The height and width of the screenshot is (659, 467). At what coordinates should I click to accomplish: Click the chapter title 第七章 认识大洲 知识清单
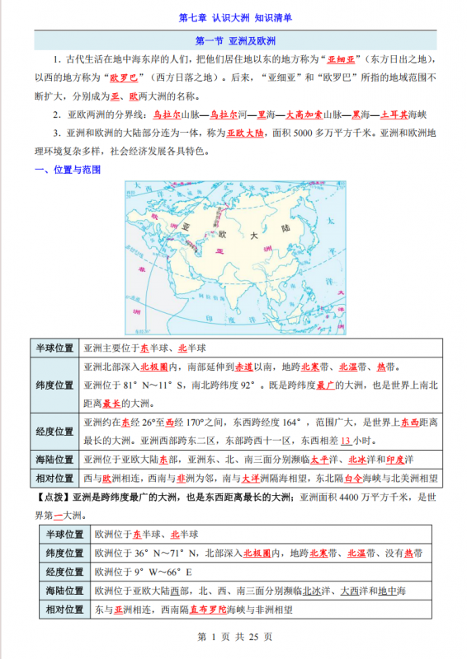[x=234, y=16]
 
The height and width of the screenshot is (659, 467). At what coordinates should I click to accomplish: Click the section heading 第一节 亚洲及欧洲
[x=234, y=40]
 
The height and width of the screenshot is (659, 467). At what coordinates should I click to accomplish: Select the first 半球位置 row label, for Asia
[x=54, y=348]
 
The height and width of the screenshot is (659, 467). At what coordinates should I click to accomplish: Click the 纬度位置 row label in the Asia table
[x=54, y=385]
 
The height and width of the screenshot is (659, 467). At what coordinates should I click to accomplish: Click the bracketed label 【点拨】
[x=52, y=498]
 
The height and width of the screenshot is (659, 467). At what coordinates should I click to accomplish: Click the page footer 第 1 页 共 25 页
[x=234, y=637]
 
